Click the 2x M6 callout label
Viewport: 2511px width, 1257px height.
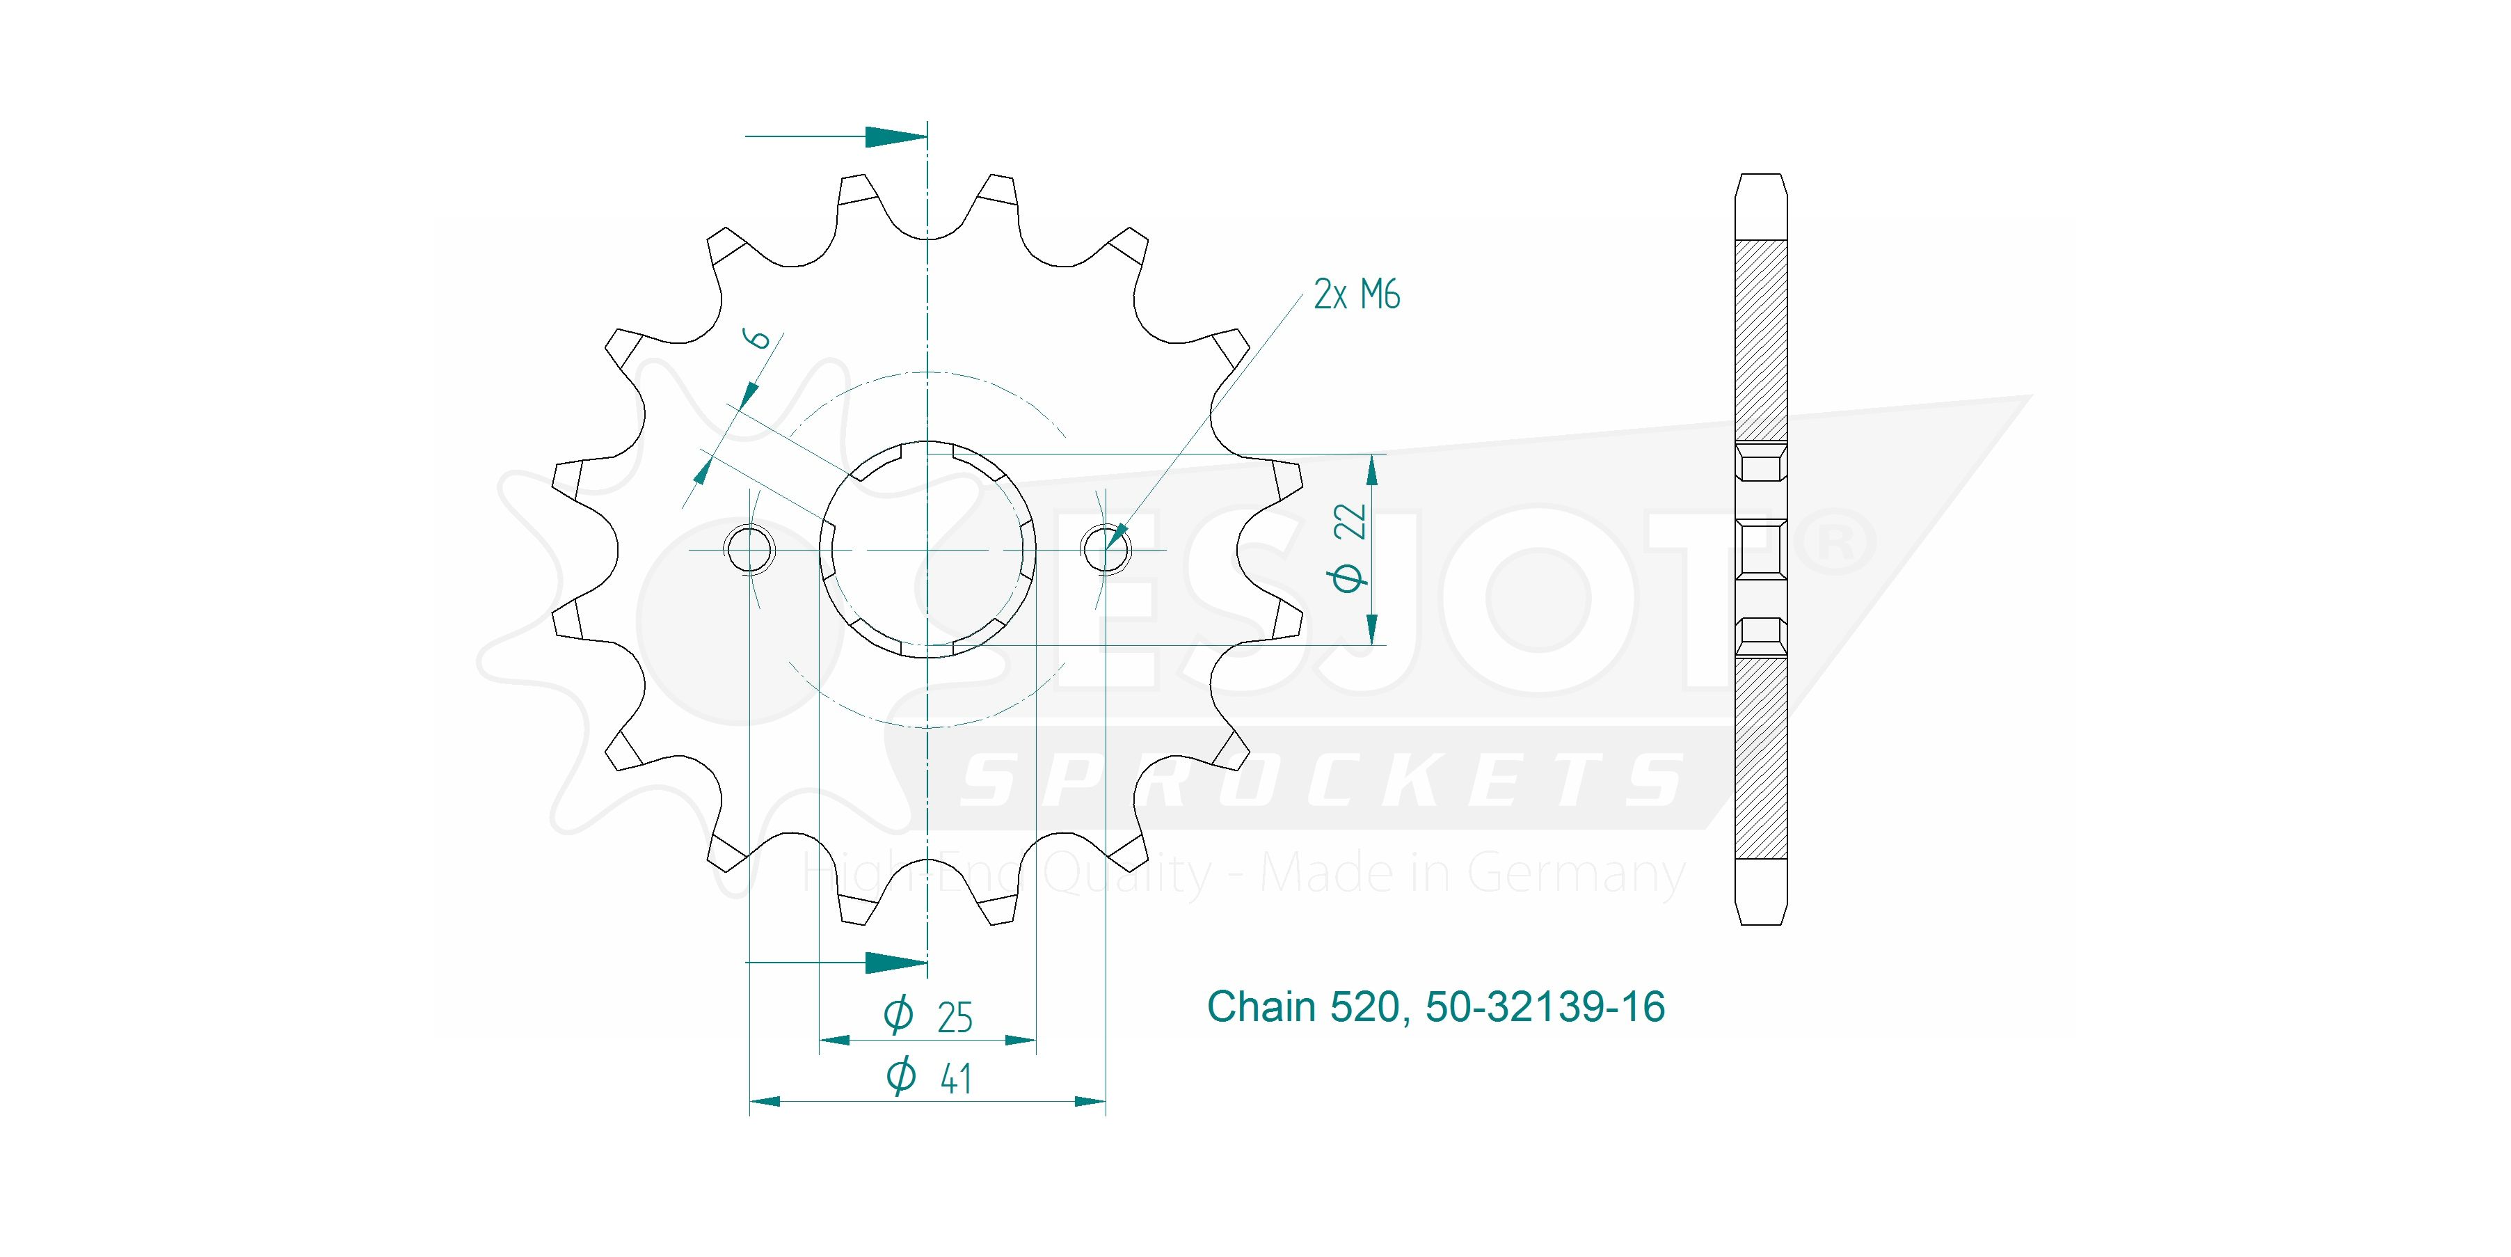pos(1356,294)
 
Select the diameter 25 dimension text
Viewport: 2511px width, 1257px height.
pos(928,1016)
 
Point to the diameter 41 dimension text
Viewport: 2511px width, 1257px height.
pos(929,1077)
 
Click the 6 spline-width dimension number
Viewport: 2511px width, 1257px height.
pos(758,338)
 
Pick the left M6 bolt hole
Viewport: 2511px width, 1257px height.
pos(749,549)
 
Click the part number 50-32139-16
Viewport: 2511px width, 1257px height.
pos(1545,1006)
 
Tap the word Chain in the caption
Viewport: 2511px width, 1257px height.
pos(1262,1006)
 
